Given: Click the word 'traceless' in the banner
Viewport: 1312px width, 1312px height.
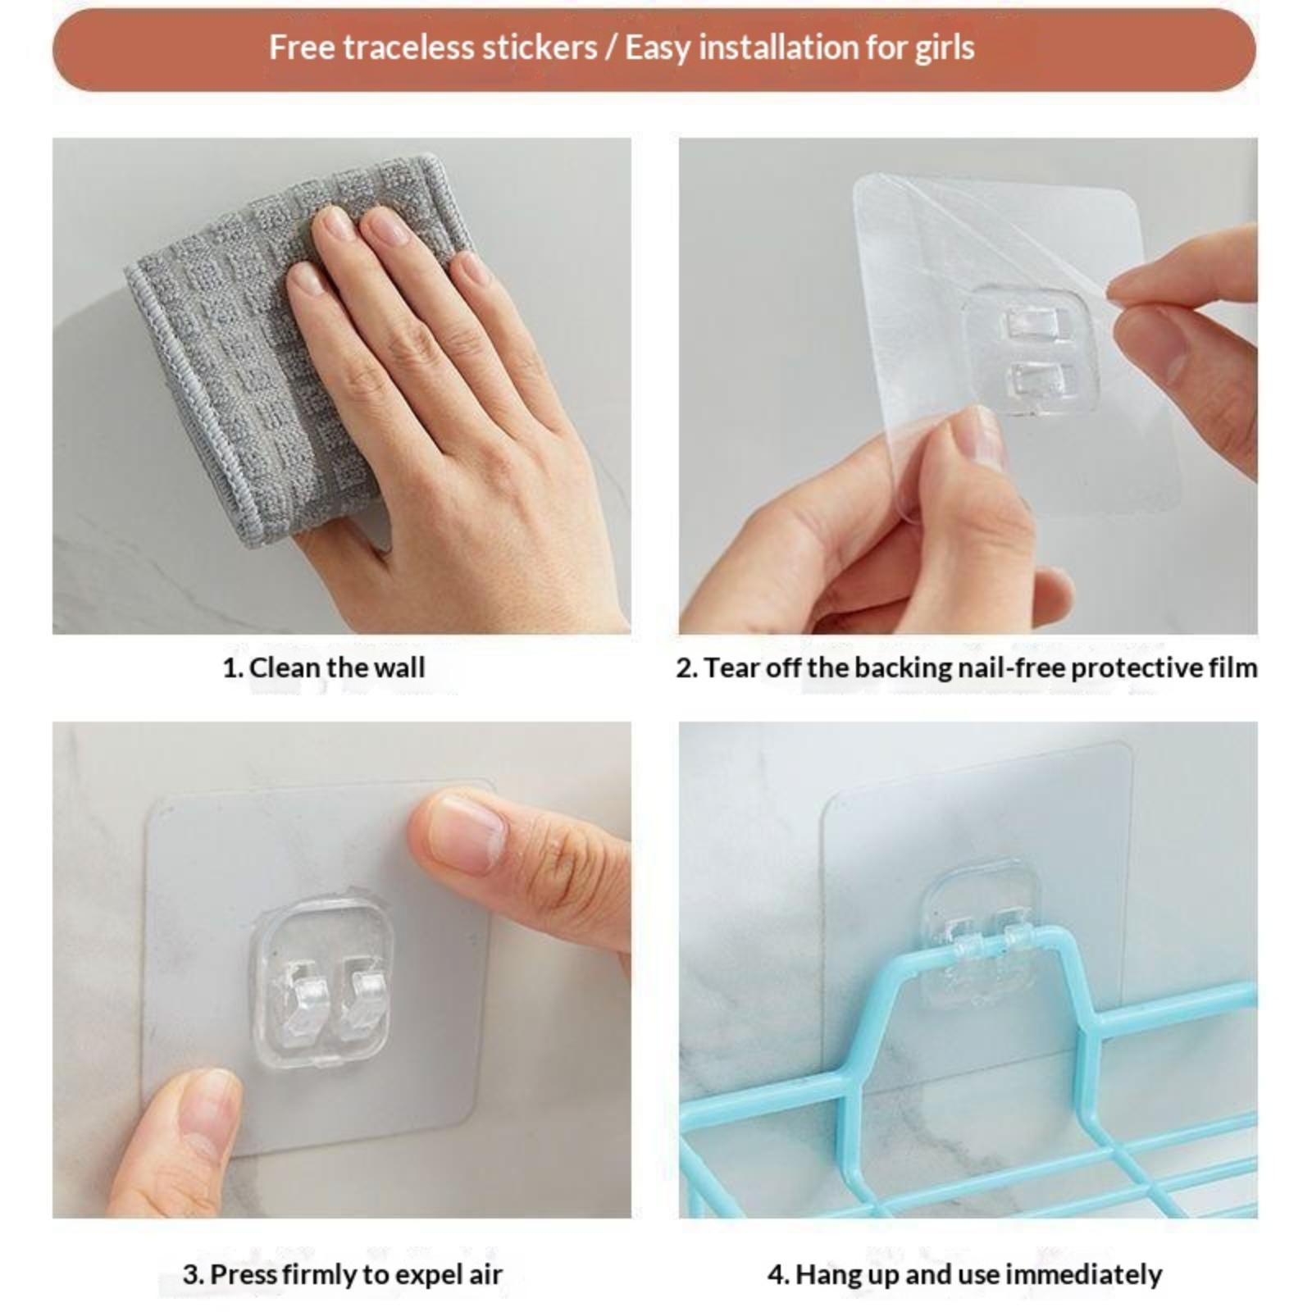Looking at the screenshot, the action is click(469, 48).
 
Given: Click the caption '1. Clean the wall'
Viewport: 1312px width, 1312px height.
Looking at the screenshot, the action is click(324, 667).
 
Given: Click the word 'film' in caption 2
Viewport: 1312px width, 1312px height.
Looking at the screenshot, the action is click(1232, 667).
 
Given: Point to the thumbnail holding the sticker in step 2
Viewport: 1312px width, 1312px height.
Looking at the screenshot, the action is click(980, 438).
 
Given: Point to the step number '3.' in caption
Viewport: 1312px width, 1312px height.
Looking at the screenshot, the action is click(193, 1275).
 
